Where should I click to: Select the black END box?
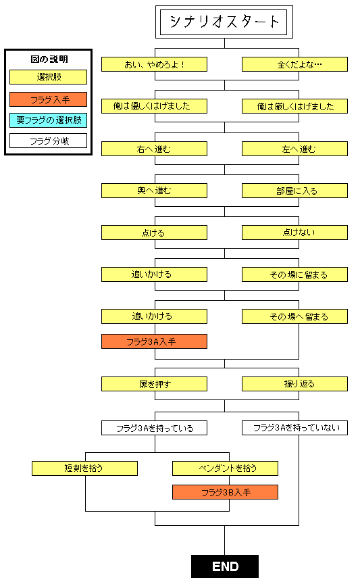click(x=224, y=566)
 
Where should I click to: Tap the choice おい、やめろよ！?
click(x=154, y=64)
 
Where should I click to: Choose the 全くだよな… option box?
click(x=294, y=64)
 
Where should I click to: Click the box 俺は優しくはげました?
click(x=154, y=106)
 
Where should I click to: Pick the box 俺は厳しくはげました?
click(x=294, y=106)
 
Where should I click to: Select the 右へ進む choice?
click(x=154, y=149)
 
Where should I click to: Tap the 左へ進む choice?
click(x=294, y=149)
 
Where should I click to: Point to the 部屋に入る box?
click(x=294, y=191)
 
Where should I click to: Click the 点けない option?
click(x=294, y=233)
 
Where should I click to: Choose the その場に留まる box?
click(x=294, y=274)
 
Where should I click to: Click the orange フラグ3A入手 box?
click(x=154, y=341)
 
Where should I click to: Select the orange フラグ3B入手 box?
click(x=224, y=492)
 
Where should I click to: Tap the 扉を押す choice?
click(x=154, y=384)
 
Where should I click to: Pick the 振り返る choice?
click(x=294, y=384)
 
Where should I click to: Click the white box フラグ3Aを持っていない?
click(x=294, y=428)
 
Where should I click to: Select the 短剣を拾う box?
click(x=84, y=468)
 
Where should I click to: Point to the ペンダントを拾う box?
click(x=224, y=468)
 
